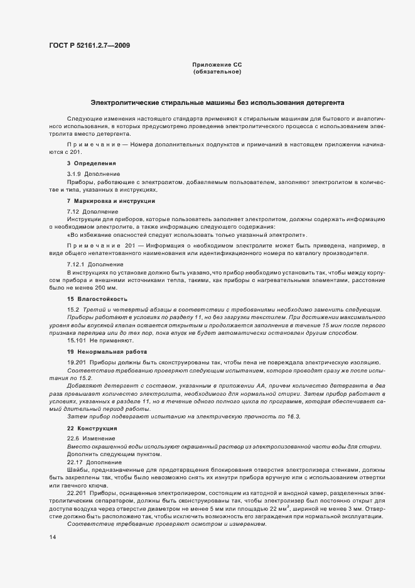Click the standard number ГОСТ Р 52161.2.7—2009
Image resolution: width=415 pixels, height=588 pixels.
coord(89,45)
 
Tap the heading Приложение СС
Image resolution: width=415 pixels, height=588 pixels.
coord(217,65)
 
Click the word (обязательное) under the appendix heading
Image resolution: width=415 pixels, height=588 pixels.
coord(217,72)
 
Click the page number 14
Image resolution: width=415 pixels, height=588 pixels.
coord(52,538)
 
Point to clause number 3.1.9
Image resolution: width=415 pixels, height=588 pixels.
coord(75,173)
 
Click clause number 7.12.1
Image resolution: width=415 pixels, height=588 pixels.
coord(77,263)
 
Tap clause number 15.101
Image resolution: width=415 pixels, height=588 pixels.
coord(78,340)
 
